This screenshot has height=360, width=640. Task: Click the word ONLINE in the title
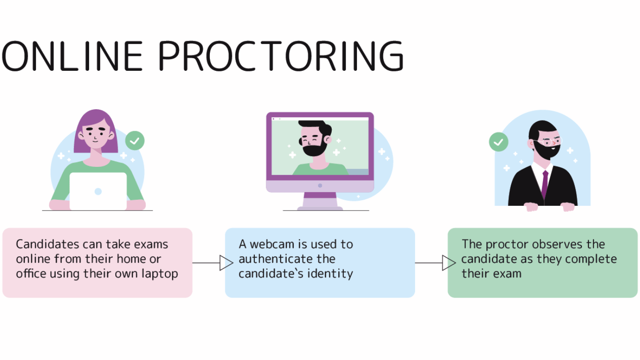pyautogui.click(x=72, y=56)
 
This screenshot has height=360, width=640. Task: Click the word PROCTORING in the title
pyautogui.click(x=281, y=56)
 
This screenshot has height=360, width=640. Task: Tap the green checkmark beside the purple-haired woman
pyautogui.click(x=135, y=141)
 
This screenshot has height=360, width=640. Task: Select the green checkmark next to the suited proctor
pyautogui.click(x=499, y=142)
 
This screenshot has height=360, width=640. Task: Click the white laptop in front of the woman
pyautogui.click(x=98, y=191)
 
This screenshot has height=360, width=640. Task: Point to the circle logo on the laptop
pyautogui.click(x=98, y=192)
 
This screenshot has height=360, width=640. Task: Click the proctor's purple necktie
pyautogui.click(x=545, y=185)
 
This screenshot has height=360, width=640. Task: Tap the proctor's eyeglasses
pyautogui.click(x=547, y=142)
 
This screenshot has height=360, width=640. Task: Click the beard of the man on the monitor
pyautogui.click(x=314, y=148)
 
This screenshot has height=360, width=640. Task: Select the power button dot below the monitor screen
pyautogui.click(x=320, y=186)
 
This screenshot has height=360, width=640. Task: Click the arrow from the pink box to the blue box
pyautogui.click(x=213, y=263)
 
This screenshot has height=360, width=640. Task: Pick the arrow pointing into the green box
pyautogui.click(x=435, y=263)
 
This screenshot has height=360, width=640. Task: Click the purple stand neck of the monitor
pyautogui.click(x=320, y=195)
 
